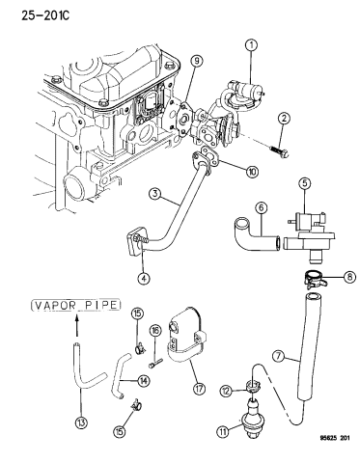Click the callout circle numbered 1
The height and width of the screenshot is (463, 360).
click(252, 45)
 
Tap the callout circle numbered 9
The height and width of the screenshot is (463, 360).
click(197, 61)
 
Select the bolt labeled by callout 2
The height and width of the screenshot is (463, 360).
click(278, 151)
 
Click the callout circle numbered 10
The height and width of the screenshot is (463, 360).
click(252, 172)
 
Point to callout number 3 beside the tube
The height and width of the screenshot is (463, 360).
click(155, 194)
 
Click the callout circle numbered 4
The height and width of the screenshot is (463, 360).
click(144, 278)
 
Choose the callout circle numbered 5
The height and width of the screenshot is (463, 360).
click(305, 183)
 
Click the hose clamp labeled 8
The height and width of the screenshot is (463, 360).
click(315, 278)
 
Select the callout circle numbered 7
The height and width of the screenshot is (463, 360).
click(278, 356)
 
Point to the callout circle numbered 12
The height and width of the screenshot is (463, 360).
click(226, 391)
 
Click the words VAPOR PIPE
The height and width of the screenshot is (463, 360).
click(76, 305)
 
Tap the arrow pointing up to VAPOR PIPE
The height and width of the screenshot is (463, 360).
click(76, 326)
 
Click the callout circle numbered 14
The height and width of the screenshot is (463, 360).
click(143, 381)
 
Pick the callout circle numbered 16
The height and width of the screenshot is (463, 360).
click(155, 331)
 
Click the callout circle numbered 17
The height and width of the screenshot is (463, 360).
click(199, 389)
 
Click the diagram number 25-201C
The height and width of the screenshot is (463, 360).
click(45, 15)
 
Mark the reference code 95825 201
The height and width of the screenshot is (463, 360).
click(334, 438)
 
